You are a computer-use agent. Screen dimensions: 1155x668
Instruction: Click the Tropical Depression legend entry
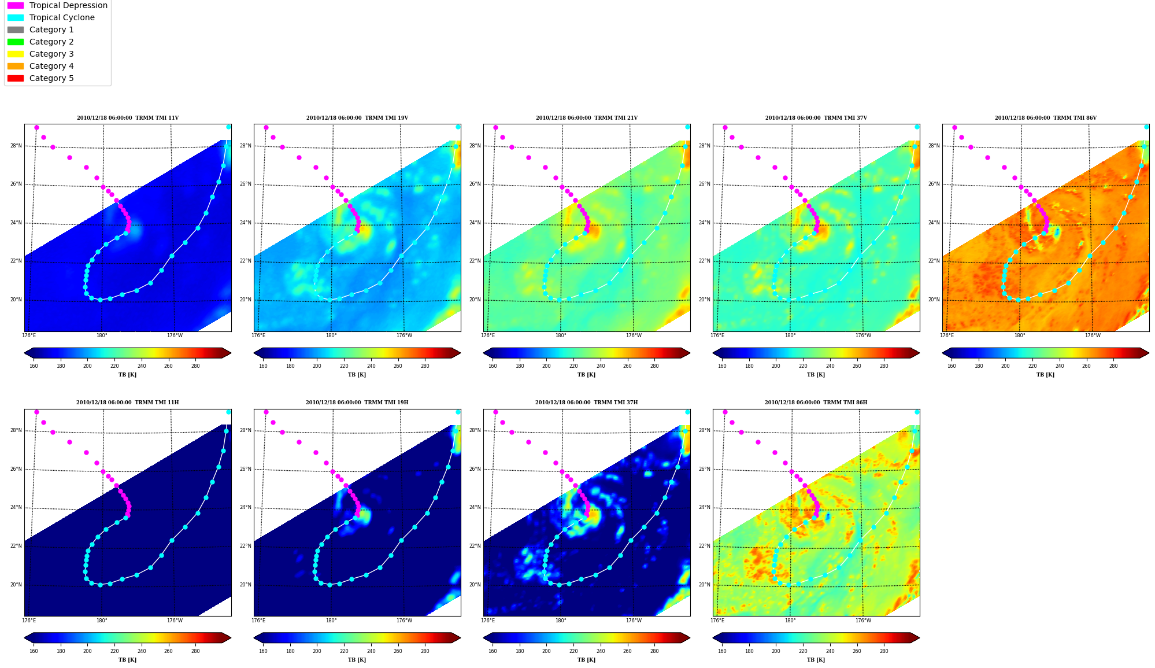57,5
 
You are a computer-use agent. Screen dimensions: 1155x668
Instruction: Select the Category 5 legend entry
40,78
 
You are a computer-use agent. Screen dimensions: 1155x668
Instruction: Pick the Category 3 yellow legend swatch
16,54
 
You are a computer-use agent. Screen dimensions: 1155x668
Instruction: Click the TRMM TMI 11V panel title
128,118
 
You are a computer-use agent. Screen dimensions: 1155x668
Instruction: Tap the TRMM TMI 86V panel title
1045,118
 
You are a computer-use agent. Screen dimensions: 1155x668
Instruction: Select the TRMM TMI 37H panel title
586,403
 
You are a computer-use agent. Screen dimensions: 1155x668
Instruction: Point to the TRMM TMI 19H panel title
357,403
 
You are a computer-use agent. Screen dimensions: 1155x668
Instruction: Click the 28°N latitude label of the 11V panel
16,146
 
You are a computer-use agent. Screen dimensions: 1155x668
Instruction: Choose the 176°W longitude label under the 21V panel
634,335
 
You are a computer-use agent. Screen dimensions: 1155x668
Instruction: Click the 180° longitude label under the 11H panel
102,621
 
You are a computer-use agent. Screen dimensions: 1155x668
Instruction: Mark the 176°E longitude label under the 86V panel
947,335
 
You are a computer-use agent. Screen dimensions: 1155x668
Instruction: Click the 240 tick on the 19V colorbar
371,366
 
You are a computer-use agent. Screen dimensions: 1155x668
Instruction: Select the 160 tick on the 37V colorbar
722,366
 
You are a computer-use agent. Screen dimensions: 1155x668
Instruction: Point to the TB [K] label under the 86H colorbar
816,660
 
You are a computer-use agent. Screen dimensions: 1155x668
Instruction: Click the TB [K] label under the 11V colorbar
127,375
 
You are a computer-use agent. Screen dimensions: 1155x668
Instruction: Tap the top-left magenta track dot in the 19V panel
266,128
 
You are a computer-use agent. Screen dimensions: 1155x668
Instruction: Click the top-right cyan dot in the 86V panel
1146,127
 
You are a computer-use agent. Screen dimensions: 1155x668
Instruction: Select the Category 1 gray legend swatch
16,29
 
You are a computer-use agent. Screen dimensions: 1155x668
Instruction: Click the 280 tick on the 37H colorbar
654,651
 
